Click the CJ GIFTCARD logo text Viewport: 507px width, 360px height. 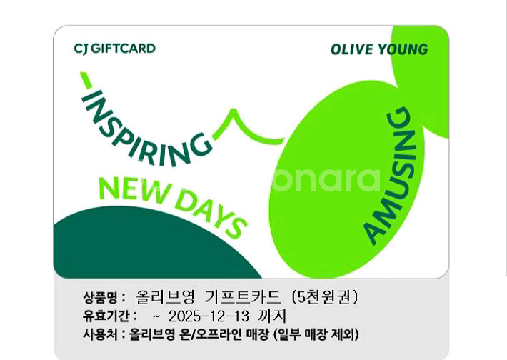(x=114, y=49)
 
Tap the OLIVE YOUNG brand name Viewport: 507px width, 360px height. (x=379, y=49)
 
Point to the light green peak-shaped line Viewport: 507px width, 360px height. (x=247, y=128)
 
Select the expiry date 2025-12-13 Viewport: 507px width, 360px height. (x=209, y=316)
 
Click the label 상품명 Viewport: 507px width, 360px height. (x=100, y=297)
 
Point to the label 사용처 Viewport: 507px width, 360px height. (x=100, y=334)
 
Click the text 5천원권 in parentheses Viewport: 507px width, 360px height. (x=324, y=297)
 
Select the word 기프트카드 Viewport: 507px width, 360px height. (x=243, y=297)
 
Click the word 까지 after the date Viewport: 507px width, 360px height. (x=272, y=316)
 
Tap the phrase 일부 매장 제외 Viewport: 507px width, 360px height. (x=316, y=334)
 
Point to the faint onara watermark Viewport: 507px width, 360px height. (x=326, y=179)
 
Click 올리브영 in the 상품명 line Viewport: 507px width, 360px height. (x=165, y=297)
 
